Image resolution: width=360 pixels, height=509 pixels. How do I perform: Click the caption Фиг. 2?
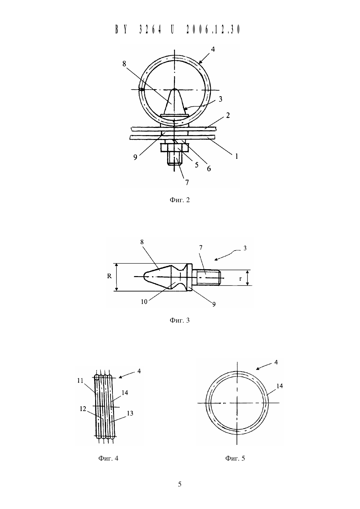180,200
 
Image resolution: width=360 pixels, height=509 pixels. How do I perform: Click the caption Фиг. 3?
180,320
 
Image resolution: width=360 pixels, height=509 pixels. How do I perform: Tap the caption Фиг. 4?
108,458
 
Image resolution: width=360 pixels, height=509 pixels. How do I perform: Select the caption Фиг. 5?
235,458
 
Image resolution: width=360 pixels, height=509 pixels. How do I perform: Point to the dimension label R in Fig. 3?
110,276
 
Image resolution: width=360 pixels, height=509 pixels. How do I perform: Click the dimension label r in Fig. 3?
241,279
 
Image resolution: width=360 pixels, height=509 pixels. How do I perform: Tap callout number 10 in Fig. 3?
144,302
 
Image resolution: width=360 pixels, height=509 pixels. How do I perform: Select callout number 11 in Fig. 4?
80,380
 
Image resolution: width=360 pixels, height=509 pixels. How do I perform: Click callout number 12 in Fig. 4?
83,409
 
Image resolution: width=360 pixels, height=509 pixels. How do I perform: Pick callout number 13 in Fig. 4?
130,413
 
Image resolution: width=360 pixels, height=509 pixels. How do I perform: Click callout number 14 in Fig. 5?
280,386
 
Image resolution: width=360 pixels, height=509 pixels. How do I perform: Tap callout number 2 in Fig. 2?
228,115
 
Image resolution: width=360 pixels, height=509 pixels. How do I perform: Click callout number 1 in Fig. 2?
236,156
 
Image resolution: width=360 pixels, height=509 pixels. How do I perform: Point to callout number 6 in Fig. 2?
209,168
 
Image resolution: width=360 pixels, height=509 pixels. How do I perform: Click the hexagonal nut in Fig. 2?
174,148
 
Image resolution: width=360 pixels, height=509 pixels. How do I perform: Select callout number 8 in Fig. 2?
124,64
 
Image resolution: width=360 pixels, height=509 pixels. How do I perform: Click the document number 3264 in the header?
150,29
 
